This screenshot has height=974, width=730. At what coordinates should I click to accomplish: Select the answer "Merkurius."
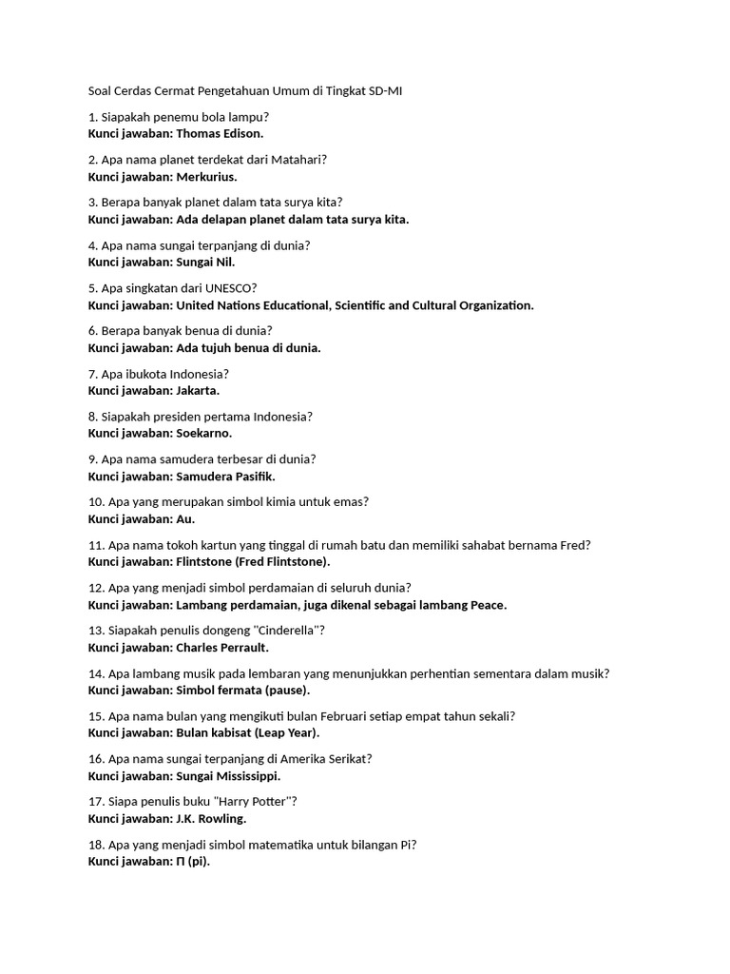tap(206, 176)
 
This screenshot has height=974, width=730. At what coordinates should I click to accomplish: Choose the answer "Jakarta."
tap(198, 390)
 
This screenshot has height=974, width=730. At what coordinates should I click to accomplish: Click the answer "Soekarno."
tap(204, 433)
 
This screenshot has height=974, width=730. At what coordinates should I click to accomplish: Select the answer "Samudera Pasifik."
tap(225, 476)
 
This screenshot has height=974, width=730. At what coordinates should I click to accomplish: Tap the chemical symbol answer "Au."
tap(185, 519)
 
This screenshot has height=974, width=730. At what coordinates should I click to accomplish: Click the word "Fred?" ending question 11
tap(573, 545)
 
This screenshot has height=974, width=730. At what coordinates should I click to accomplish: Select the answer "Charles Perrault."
tap(222, 648)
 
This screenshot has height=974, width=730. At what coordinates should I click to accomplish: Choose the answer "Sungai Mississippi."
tap(228, 776)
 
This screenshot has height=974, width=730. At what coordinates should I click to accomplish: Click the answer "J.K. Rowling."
tap(211, 819)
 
